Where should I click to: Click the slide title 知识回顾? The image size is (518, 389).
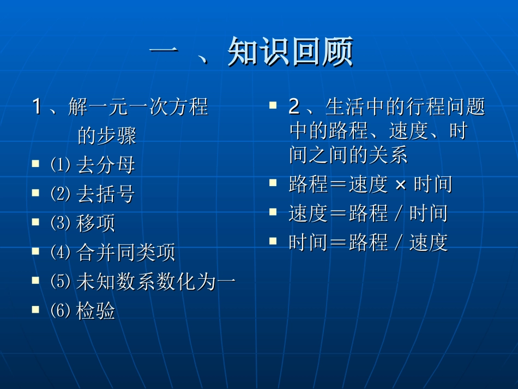[290, 52]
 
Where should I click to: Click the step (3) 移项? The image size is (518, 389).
[83, 223]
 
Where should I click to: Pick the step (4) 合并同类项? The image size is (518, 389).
[112, 253]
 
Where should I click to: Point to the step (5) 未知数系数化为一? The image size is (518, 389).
[143, 282]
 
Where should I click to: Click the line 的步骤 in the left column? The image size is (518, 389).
[107, 136]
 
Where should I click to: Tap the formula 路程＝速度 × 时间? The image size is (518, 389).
[370, 184]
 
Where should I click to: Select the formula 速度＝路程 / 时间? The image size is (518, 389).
[368, 213]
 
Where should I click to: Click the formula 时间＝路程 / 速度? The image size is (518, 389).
[368, 242]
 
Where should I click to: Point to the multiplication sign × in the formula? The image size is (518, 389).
[400, 185]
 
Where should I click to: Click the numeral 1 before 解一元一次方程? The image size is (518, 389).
[37, 106]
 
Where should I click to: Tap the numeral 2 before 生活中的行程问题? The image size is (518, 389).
[294, 107]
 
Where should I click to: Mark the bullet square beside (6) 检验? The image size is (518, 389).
[35, 309]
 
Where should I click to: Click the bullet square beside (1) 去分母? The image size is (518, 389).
[35, 163]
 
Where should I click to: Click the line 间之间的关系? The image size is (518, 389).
[348, 155]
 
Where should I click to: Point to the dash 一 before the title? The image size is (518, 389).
[163, 52]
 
